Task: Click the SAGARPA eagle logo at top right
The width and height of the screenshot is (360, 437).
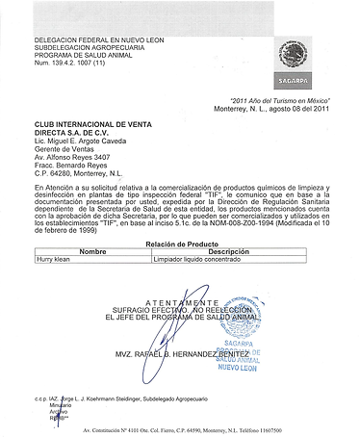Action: pos(293,54)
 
